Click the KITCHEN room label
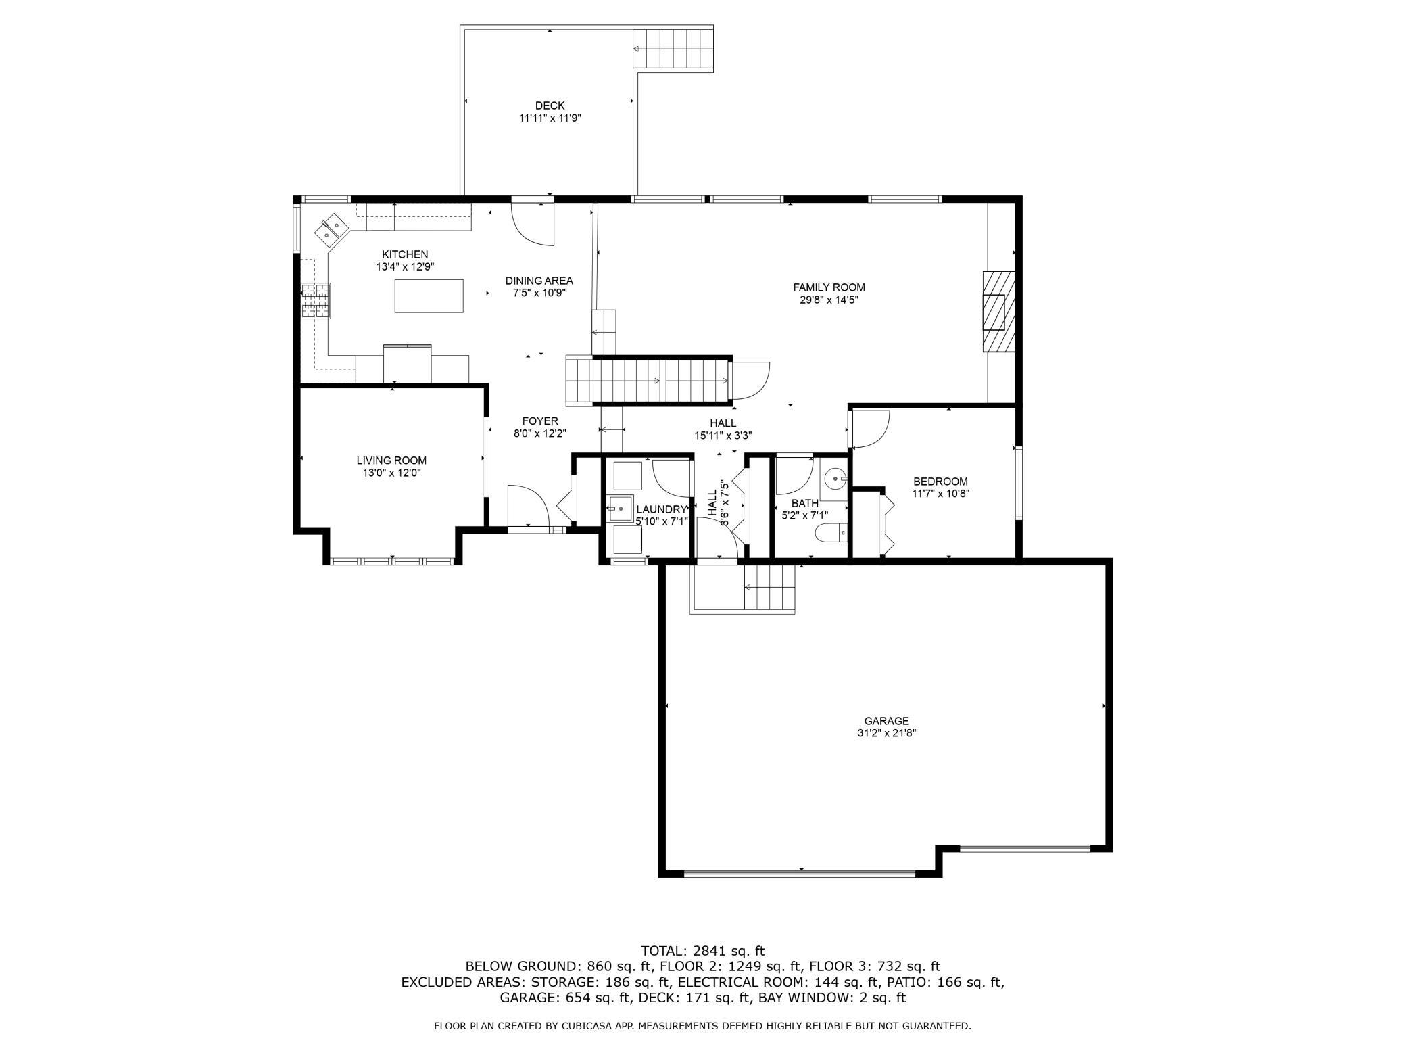click(x=405, y=254)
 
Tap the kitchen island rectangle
click(x=429, y=296)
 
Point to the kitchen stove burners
click(x=316, y=301)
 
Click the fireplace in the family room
click(x=999, y=311)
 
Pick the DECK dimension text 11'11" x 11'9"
click(x=550, y=118)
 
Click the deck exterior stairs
click(x=674, y=49)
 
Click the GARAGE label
click(x=886, y=721)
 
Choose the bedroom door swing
click(x=871, y=429)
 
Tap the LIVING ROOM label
click(x=391, y=461)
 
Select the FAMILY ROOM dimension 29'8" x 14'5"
click(x=829, y=300)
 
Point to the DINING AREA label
click(x=539, y=281)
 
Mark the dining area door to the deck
click(x=533, y=223)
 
